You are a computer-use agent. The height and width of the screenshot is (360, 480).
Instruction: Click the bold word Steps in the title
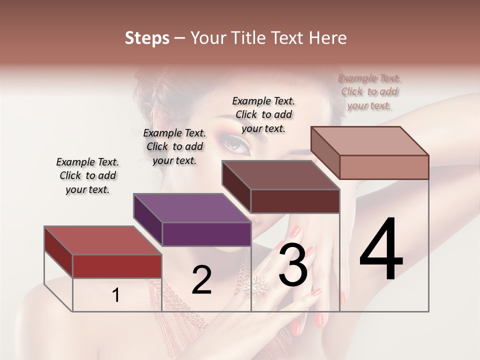point(147,38)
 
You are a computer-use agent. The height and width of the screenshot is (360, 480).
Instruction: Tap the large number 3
point(293,265)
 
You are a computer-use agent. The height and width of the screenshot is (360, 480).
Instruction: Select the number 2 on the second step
point(201,280)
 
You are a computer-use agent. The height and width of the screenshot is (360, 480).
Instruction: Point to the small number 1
point(116,295)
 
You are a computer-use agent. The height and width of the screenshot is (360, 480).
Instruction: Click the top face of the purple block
point(192,208)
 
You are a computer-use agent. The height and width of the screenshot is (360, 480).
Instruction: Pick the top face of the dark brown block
point(280,175)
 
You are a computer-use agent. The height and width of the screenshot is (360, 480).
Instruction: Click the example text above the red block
point(87,175)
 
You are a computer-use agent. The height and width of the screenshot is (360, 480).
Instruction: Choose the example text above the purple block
point(174,146)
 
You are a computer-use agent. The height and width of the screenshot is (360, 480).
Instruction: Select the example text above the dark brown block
point(263,114)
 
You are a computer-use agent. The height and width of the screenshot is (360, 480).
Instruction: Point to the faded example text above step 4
point(369,91)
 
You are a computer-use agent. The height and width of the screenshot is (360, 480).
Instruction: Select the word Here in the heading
point(329,38)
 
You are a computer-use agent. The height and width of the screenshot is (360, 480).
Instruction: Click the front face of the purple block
point(206,234)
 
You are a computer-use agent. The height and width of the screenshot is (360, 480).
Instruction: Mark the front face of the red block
point(117,266)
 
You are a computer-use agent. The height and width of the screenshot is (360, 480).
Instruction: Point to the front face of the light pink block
point(384,167)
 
